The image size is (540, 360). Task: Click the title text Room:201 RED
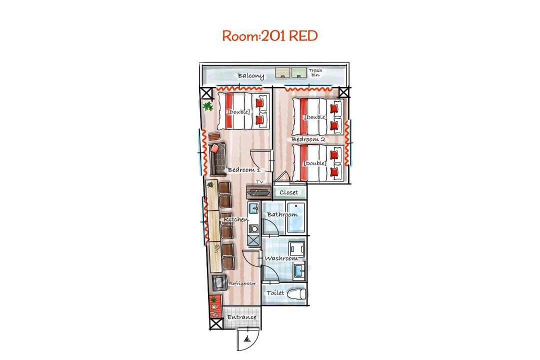click(x=269, y=36)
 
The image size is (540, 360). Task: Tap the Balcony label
click(x=250, y=76)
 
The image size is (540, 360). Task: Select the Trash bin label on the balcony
click(x=315, y=72)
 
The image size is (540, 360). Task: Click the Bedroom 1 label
click(x=244, y=170)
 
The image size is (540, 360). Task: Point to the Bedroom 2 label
click(x=308, y=139)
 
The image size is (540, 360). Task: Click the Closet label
click(x=288, y=192)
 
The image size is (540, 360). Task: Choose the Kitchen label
click(x=236, y=219)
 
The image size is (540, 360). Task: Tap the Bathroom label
click(x=282, y=214)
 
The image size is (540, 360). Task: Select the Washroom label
click(x=281, y=258)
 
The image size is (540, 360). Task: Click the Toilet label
click(x=275, y=293)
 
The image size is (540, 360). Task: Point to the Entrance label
click(x=242, y=317)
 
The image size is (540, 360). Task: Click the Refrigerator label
click(x=242, y=284)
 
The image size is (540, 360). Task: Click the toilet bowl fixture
click(x=296, y=293)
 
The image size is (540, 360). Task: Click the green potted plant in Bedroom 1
click(x=207, y=106)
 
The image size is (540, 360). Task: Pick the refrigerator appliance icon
click(x=219, y=283)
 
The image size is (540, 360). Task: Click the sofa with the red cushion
click(x=217, y=158)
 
